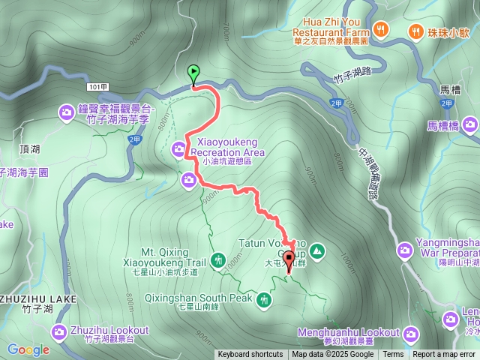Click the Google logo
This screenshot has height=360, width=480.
(x=28, y=349)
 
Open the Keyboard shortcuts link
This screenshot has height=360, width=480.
(x=250, y=355)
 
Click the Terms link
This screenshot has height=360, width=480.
(x=393, y=355)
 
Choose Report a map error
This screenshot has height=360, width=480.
(x=444, y=355)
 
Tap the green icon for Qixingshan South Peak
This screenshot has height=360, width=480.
(x=263, y=301)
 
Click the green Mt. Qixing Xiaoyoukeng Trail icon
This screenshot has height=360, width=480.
(x=217, y=260)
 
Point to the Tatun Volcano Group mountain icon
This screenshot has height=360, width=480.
(x=316, y=250)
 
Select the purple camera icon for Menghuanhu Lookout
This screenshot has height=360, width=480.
(x=410, y=332)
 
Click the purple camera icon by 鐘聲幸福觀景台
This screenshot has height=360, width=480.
(x=66, y=113)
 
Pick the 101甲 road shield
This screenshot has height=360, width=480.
(x=97, y=88)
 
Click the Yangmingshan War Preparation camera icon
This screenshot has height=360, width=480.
(x=405, y=247)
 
